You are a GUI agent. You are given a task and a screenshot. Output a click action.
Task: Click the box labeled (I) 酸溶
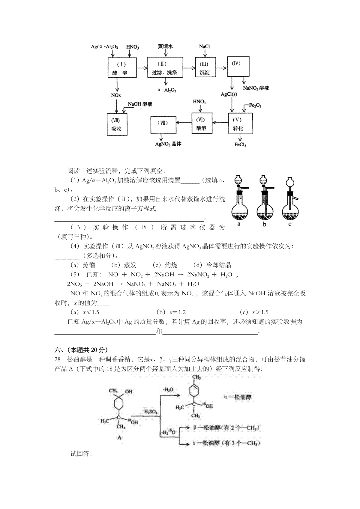(x=122, y=68)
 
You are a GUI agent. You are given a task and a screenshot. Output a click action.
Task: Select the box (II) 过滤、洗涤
(x=165, y=67)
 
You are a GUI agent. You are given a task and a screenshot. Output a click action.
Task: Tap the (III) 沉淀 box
(x=205, y=67)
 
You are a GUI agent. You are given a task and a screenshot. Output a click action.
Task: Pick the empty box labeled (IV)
(x=238, y=66)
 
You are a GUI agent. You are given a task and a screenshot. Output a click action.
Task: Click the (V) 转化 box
(x=240, y=124)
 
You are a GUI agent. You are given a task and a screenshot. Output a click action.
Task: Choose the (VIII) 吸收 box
(x=117, y=124)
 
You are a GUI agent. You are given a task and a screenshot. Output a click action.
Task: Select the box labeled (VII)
(x=163, y=125)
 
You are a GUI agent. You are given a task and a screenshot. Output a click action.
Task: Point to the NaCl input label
(x=204, y=46)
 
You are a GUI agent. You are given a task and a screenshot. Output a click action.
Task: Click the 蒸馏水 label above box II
(x=165, y=46)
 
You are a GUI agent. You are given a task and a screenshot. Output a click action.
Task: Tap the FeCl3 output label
(x=240, y=144)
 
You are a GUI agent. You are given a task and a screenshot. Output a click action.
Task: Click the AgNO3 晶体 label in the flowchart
(x=168, y=144)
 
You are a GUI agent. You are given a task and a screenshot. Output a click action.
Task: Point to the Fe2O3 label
(x=255, y=106)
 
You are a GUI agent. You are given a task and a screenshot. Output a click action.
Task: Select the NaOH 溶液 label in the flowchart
(x=140, y=104)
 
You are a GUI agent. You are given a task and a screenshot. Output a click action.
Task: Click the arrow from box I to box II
(x=142, y=68)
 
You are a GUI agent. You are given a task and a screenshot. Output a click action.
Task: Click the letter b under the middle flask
(x=265, y=225)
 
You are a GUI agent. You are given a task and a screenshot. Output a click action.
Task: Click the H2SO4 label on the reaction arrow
(x=151, y=411)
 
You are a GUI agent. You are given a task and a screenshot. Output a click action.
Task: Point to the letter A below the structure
(x=120, y=437)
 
